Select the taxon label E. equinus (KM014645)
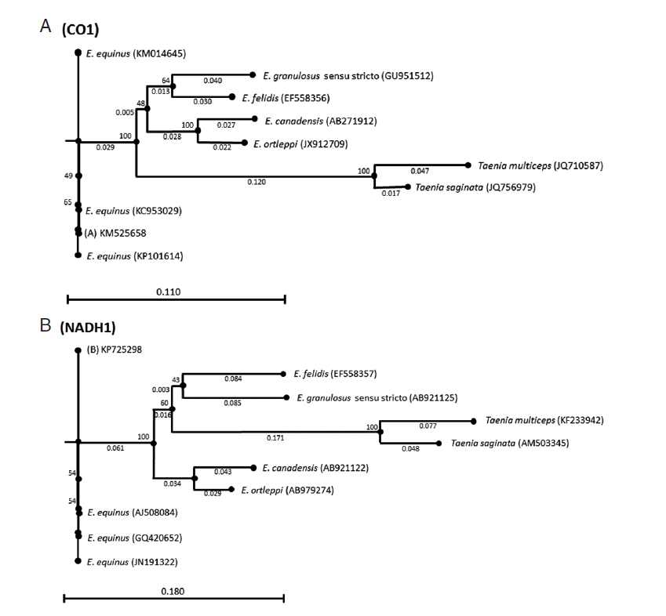[135, 53]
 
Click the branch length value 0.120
[255, 181]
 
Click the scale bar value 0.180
[173, 592]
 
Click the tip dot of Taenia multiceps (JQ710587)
[469, 165]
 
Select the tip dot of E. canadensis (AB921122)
[251, 468]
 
